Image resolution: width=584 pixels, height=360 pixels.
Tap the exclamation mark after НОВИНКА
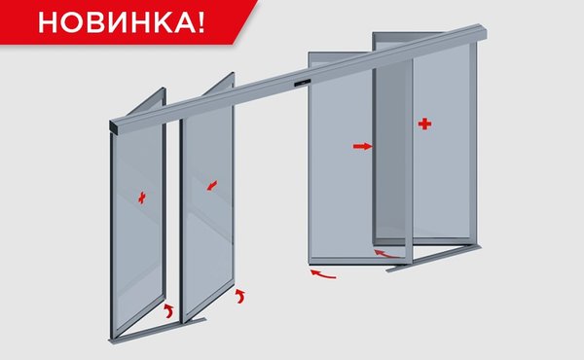201,22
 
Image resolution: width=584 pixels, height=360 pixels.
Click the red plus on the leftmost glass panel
142,198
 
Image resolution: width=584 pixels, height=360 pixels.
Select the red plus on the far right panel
424,124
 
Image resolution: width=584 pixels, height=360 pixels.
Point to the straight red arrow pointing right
362,146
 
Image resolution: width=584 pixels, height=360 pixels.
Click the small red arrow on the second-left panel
212,186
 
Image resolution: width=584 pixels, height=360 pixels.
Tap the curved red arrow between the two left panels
169,311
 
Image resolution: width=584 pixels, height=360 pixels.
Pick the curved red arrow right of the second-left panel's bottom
240,295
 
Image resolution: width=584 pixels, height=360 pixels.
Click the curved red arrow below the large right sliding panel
323,274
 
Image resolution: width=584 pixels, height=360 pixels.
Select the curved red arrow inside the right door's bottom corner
387,254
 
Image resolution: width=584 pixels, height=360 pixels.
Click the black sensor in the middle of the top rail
302,83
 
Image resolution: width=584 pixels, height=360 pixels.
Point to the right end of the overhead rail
483,32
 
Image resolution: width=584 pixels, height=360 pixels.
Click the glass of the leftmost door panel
138,224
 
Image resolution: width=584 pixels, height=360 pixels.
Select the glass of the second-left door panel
208,208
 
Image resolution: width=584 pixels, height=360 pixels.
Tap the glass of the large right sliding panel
341,161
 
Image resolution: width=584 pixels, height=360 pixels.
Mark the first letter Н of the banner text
48,22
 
